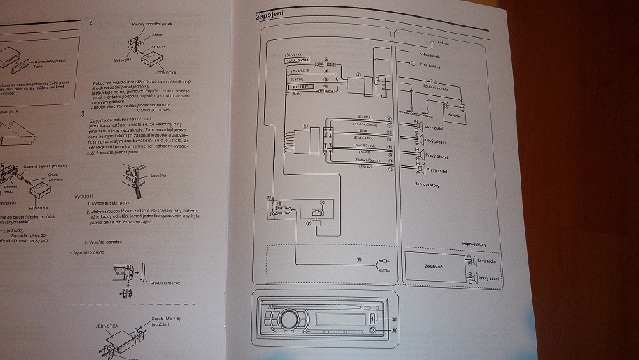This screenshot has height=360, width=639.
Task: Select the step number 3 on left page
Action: [x=83, y=114]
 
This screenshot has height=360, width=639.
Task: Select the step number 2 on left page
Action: [x=91, y=22]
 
